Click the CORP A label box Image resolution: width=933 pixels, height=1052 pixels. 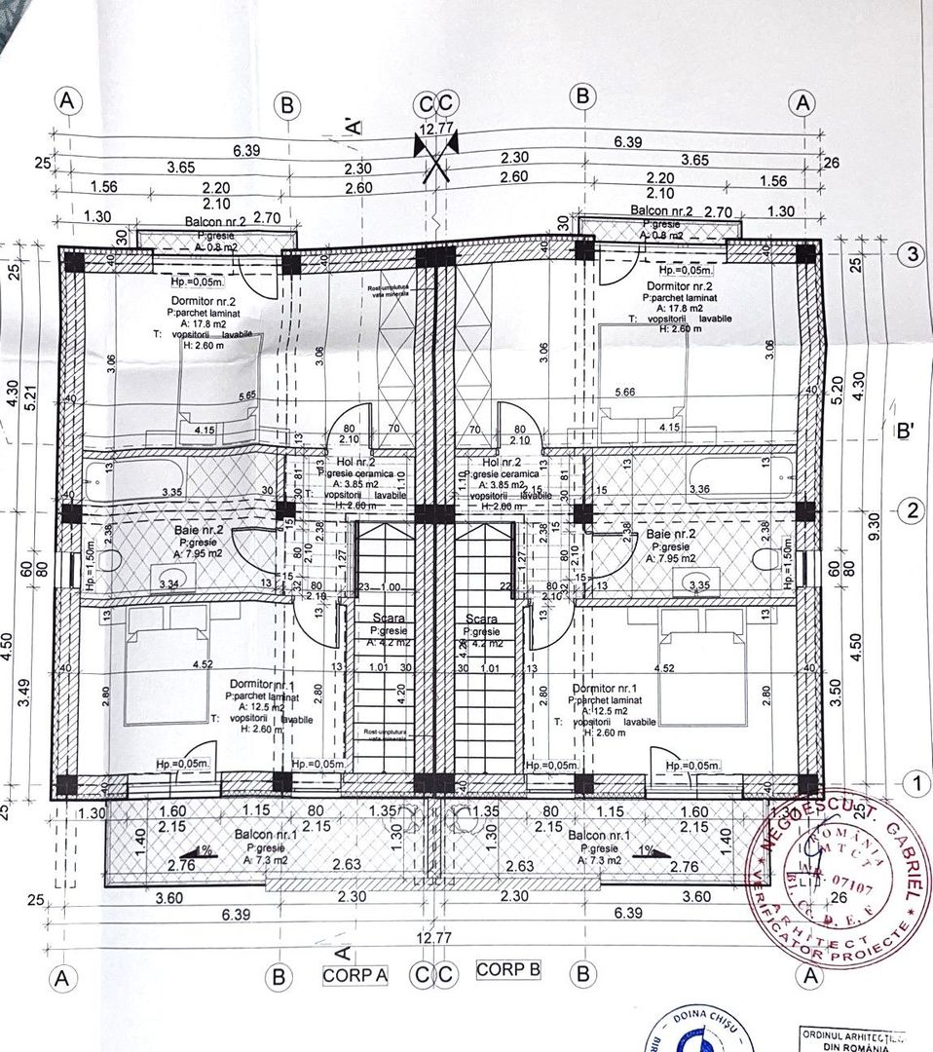[x=355, y=974]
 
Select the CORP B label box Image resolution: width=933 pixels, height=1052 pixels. [x=508, y=970]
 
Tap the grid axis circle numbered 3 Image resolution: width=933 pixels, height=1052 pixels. [x=913, y=254]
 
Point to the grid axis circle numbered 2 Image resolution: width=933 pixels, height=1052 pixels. [x=913, y=511]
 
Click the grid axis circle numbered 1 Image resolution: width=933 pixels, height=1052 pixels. [x=913, y=781]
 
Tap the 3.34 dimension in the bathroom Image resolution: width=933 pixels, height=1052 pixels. [x=169, y=583]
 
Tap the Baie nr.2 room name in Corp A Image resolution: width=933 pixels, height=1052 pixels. [x=199, y=530]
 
